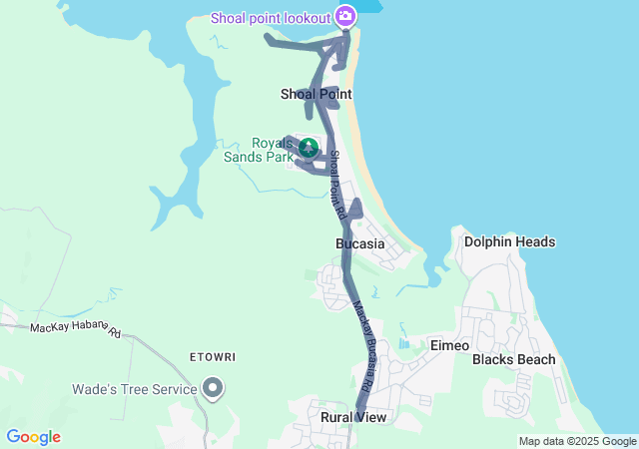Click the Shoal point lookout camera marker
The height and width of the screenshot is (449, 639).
[345, 15]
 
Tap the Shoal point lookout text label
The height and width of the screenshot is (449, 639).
[271, 16]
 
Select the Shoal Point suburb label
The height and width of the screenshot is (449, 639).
[316, 94]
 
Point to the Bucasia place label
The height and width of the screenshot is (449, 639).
[359, 243]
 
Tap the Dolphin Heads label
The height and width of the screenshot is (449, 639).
[509, 241]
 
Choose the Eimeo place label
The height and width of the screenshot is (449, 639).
[449, 344]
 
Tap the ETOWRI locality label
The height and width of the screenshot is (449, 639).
[212, 356]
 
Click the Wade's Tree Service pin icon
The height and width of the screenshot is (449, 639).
[212, 387]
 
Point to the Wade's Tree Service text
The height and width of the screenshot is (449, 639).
[134, 389]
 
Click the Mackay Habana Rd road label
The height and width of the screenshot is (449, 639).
[74, 328]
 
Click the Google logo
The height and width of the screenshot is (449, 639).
[33, 437]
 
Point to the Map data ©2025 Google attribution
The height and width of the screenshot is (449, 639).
[577, 441]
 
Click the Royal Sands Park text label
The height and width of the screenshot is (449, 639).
[272, 150]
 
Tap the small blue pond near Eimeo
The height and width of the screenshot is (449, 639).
[403, 344]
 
